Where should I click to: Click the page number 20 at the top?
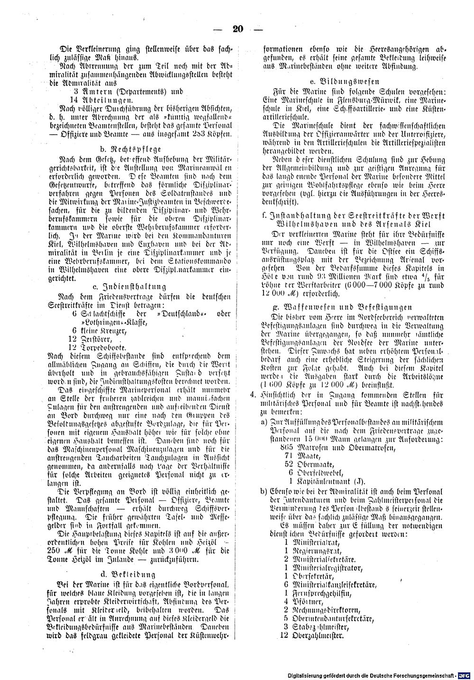237,29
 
